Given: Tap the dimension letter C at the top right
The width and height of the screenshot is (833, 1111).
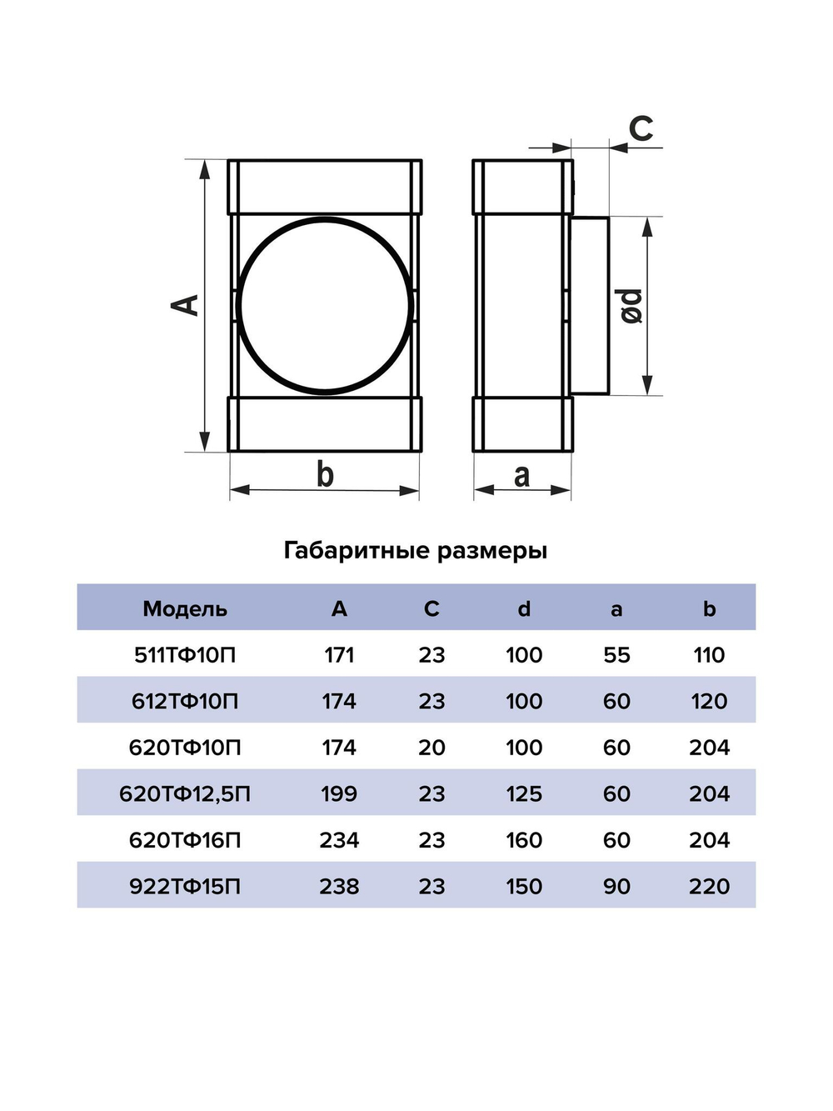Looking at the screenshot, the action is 641,129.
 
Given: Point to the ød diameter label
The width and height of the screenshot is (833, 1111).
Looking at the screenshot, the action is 631,306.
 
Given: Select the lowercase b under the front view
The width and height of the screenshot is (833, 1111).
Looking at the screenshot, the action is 325,474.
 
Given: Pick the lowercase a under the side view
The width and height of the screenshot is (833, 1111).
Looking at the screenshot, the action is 521,475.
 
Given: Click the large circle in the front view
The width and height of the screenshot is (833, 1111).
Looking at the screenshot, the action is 325,304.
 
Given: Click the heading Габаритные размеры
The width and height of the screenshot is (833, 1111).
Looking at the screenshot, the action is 416,550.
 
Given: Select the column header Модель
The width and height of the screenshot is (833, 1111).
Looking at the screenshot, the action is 185,608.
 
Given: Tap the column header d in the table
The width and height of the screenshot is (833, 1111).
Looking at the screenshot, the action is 524,608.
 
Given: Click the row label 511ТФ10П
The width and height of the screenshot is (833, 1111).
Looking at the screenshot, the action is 185,655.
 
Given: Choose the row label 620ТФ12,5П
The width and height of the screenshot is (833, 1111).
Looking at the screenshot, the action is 185,793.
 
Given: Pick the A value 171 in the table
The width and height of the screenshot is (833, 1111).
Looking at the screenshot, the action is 339,655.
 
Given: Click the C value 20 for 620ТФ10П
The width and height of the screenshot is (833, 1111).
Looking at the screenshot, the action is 431,748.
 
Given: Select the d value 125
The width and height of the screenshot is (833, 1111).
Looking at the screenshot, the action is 524,793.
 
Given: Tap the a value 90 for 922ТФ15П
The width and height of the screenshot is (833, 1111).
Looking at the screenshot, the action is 616,886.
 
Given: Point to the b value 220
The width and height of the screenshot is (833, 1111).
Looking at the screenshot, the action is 709,886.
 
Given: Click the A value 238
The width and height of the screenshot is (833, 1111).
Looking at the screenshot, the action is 339,886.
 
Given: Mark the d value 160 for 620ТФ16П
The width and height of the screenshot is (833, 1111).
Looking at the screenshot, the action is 524,840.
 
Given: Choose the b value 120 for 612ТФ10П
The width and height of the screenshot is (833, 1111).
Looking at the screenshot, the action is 709,701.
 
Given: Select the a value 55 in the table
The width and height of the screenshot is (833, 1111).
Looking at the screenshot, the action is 616,655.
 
